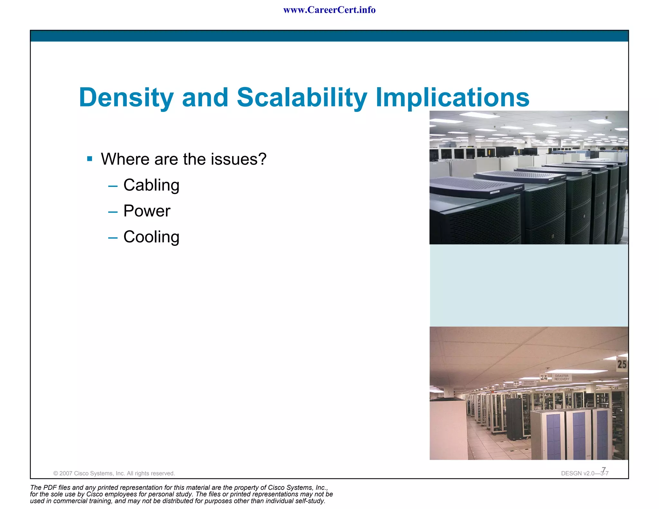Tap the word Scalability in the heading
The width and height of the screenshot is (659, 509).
click(x=302, y=97)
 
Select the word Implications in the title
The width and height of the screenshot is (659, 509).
click(x=452, y=97)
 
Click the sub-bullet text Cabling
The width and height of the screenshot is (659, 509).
click(x=151, y=185)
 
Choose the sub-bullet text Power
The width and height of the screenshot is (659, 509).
click(x=147, y=211)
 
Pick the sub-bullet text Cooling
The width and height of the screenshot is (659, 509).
click(x=151, y=237)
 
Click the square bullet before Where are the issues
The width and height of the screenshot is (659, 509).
click(x=90, y=159)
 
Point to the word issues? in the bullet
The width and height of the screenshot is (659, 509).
click(x=238, y=159)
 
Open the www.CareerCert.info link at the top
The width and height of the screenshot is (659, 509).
click(x=329, y=10)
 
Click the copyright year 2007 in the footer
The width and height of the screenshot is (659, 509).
click(x=66, y=473)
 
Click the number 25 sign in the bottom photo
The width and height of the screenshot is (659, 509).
click(x=621, y=364)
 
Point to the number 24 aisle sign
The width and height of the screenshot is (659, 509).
click(x=543, y=378)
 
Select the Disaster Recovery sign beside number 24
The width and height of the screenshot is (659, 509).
click(x=562, y=378)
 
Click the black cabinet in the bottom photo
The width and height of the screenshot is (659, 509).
click(x=514, y=418)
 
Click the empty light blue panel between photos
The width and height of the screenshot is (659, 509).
click(x=529, y=285)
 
